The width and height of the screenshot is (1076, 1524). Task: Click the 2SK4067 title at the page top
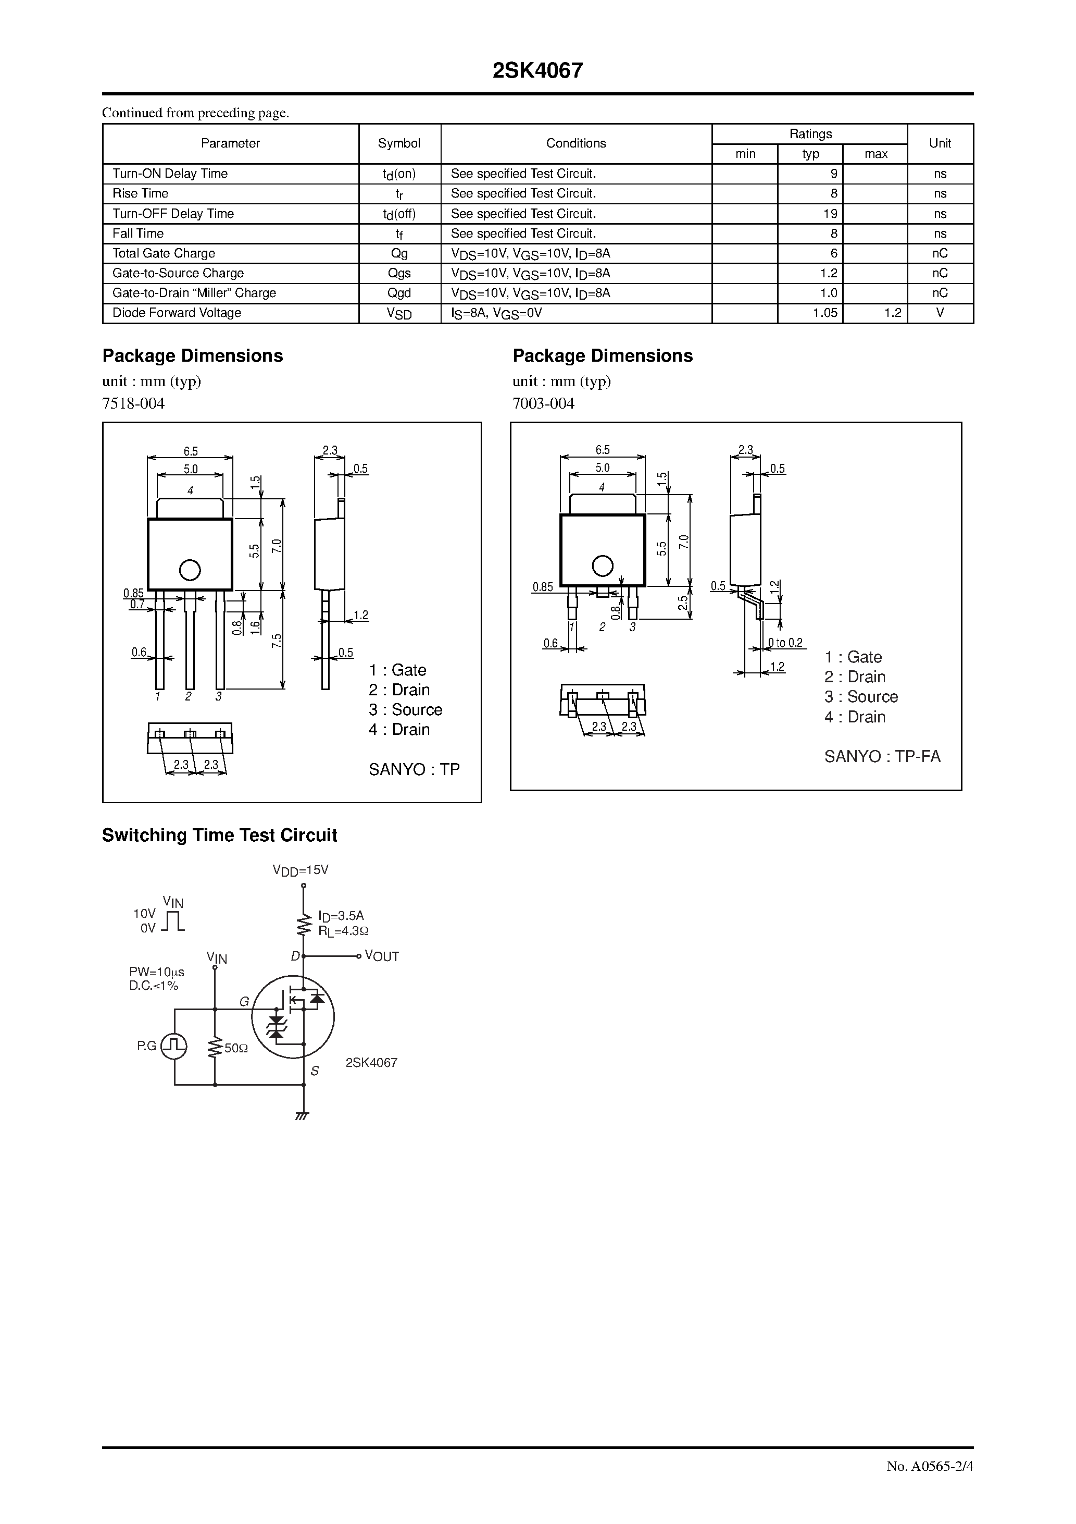click(x=537, y=71)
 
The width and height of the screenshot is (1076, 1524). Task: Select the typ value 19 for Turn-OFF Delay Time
click(x=830, y=214)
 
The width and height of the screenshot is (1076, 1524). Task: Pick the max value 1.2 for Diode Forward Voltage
click(x=892, y=313)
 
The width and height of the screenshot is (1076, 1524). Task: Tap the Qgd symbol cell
click(x=399, y=293)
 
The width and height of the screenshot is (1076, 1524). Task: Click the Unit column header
click(x=940, y=143)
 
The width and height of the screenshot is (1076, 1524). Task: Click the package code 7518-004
click(x=133, y=403)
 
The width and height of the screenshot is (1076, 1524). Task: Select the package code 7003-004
click(x=543, y=403)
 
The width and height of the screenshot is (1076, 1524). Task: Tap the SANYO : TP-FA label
click(x=882, y=756)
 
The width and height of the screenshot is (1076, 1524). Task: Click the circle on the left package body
click(x=190, y=570)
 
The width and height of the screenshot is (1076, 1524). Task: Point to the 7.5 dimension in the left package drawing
click(x=277, y=641)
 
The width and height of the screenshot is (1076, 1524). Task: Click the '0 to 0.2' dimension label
click(x=785, y=643)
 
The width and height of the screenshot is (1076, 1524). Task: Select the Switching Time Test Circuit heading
click(x=220, y=835)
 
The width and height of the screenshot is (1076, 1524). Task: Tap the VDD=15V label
click(x=301, y=869)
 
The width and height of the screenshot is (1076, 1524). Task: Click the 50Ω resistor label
click(x=236, y=1048)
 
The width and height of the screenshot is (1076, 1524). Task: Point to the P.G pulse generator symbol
click(x=174, y=1046)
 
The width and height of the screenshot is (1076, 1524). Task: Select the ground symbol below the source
click(x=303, y=1116)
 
